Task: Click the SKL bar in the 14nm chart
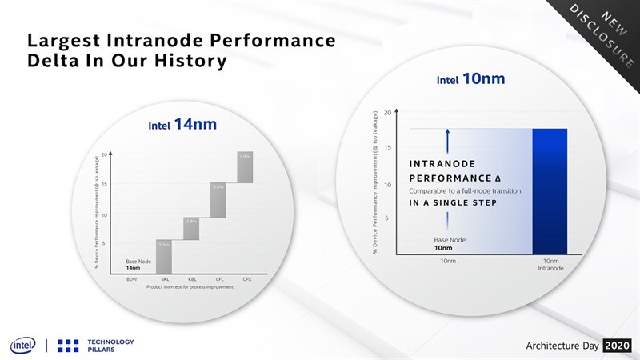[163, 256]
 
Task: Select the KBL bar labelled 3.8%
[191, 228]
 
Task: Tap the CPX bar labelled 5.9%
[246, 166]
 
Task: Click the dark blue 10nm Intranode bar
[550, 191]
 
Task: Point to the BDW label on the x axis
[132, 278]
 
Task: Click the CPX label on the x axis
[247, 278]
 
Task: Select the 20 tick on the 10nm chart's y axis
[386, 113]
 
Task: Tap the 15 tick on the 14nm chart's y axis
[105, 185]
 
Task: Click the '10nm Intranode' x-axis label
[550, 265]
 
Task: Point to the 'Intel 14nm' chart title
[182, 125]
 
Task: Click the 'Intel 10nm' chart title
[470, 79]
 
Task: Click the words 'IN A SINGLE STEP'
[453, 203]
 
